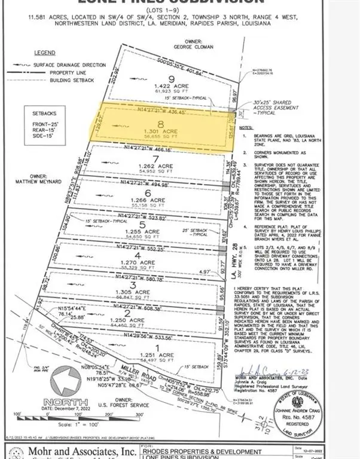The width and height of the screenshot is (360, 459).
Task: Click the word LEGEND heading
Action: pyautogui.click(x=44, y=53)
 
